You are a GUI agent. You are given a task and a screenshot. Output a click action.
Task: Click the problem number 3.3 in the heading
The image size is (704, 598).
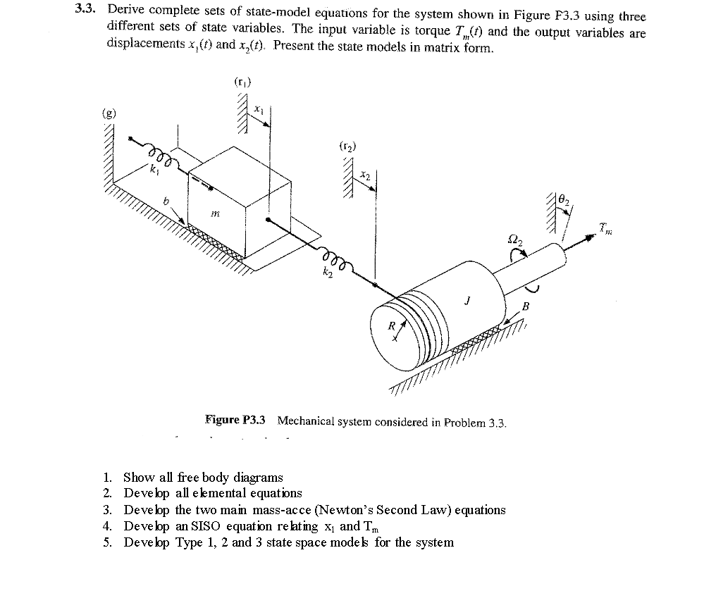click(88, 11)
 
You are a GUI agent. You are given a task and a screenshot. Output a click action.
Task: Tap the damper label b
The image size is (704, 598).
click(166, 202)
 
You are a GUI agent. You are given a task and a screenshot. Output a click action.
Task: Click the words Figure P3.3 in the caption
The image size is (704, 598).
click(235, 421)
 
